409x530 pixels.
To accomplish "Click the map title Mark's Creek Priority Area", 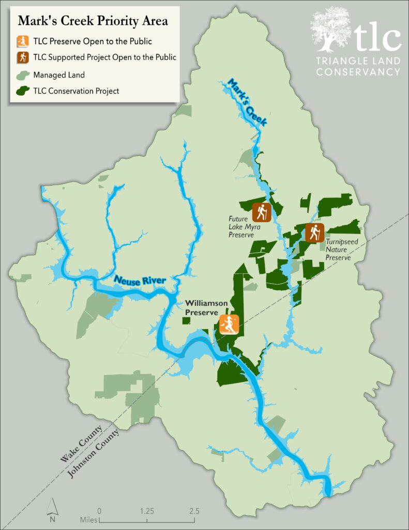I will (x=93, y=21).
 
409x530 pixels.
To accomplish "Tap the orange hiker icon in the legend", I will (x=22, y=40).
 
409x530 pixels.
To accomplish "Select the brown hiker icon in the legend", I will (x=22, y=57).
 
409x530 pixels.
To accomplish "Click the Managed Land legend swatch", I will (x=22, y=75).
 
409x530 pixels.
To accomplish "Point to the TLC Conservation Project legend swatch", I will (x=22, y=91).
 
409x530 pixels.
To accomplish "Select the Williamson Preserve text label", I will (x=202, y=308).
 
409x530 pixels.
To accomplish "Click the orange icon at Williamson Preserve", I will (x=229, y=325).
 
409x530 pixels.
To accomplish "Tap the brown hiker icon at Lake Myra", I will (x=261, y=212).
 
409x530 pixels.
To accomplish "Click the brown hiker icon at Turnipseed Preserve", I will (x=314, y=233).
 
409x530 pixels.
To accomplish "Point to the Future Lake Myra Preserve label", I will (x=241, y=227).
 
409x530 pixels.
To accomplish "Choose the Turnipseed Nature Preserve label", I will (x=339, y=249).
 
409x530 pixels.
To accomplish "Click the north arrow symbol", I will (x=52, y=510).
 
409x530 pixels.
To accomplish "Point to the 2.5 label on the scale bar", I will (x=194, y=511).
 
